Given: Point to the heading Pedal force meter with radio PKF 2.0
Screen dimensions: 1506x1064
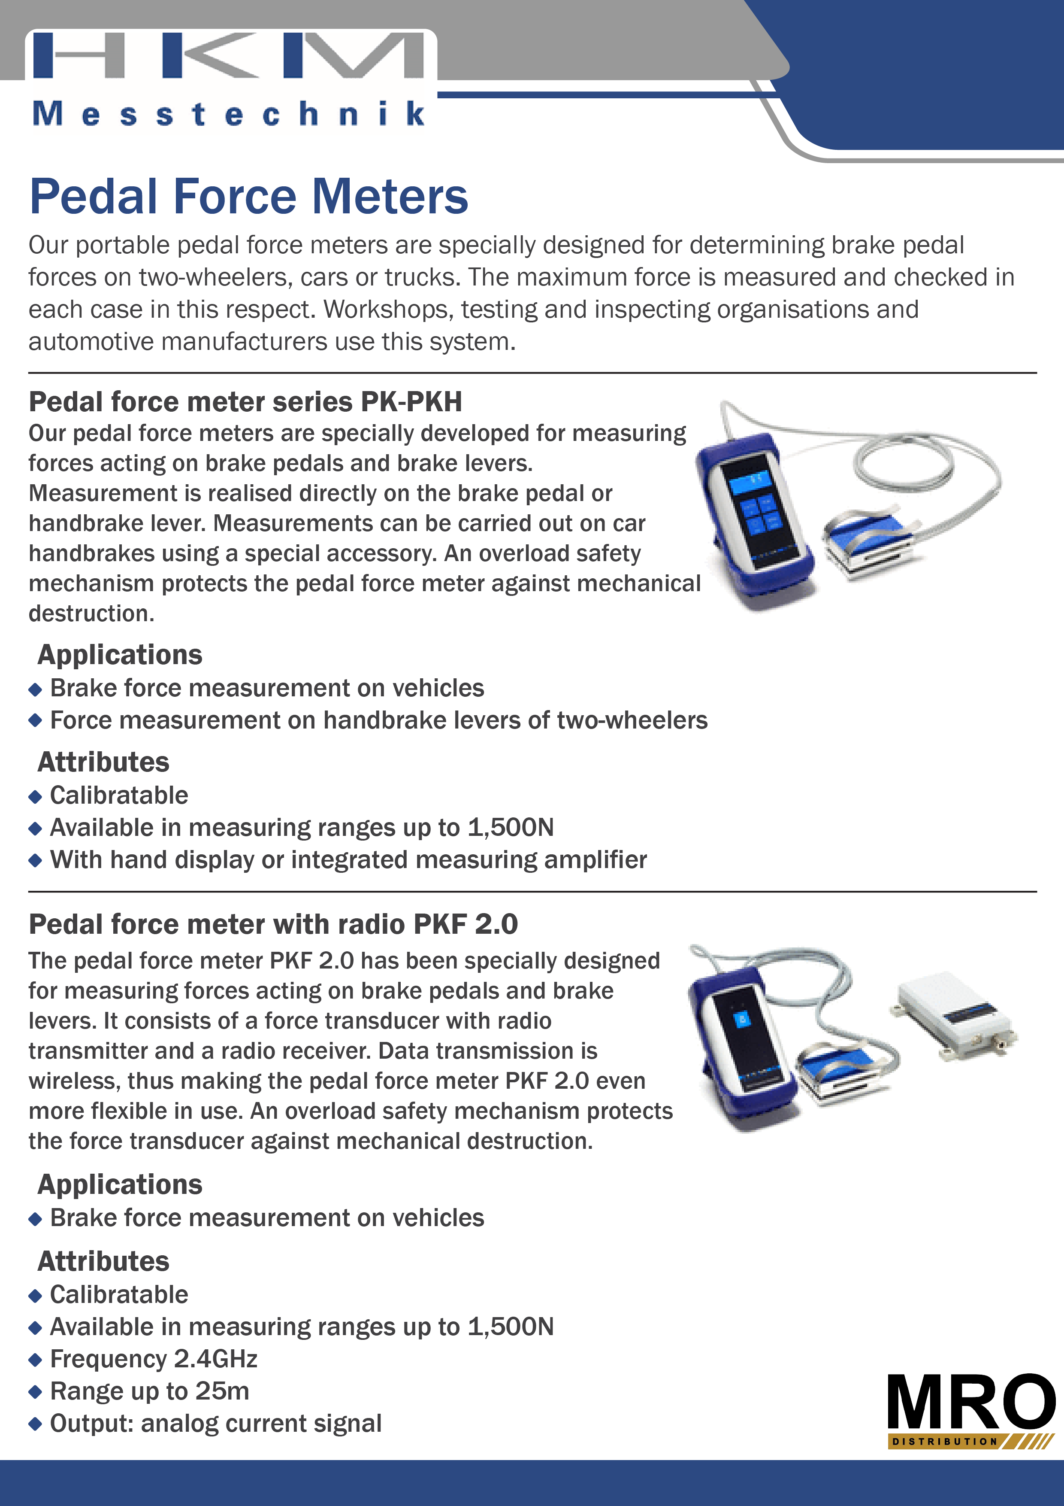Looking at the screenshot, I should click(x=273, y=924).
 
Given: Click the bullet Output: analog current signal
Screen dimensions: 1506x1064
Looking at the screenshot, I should click(x=216, y=1423).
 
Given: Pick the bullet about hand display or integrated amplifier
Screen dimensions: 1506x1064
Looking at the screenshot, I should click(x=348, y=860).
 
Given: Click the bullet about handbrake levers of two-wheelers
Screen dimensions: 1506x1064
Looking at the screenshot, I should click(x=378, y=720).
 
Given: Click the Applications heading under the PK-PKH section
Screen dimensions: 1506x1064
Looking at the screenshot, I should click(x=120, y=655).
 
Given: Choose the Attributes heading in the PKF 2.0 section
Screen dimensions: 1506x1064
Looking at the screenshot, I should click(x=103, y=1261).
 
